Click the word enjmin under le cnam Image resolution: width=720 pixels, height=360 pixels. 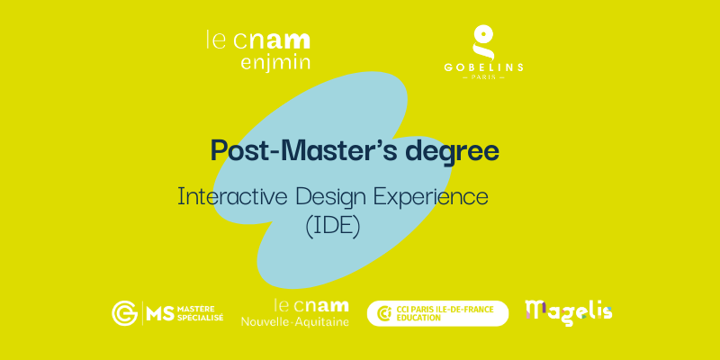pyautogui.click(x=275, y=62)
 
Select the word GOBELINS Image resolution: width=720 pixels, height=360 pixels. pyautogui.click(x=483, y=67)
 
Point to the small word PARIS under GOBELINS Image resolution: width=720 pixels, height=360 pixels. pyautogui.click(x=483, y=77)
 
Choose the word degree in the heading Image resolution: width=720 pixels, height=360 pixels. pyautogui.click(x=454, y=151)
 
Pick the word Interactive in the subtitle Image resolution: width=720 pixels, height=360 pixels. pyautogui.click(x=233, y=196)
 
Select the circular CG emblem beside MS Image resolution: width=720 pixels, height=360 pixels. pyautogui.click(x=124, y=313)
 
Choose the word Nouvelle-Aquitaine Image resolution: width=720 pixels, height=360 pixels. pyautogui.click(x=295, y=321)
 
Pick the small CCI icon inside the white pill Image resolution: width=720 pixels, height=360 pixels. pyautogui.click(x=384, y=313)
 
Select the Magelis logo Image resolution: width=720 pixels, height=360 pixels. pyautogui.click(x=569, y=312)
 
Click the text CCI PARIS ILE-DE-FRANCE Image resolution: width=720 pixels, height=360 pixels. pyautogui.click(x=445, y=309)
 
